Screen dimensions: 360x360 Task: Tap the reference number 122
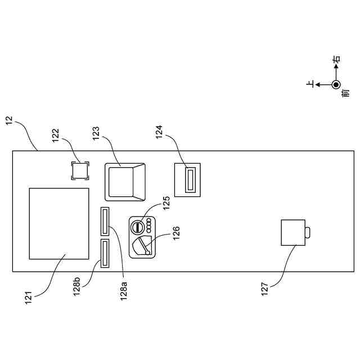coord(55,135)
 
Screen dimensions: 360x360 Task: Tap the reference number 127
coord(265,289)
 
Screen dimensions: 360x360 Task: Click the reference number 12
coord(10,120)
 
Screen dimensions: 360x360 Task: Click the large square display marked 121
coord(59,223)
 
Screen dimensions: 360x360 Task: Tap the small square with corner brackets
coord(80,170)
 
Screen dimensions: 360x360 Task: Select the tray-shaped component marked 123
coord(124,181)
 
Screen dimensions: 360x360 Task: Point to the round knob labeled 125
coord(138,227)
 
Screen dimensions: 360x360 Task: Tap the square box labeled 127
coord(292,232)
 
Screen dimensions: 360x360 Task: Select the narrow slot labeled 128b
coord(105,253)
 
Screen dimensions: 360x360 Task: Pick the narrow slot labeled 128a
coord(105,221)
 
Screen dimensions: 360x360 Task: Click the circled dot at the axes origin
coord(336,85)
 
